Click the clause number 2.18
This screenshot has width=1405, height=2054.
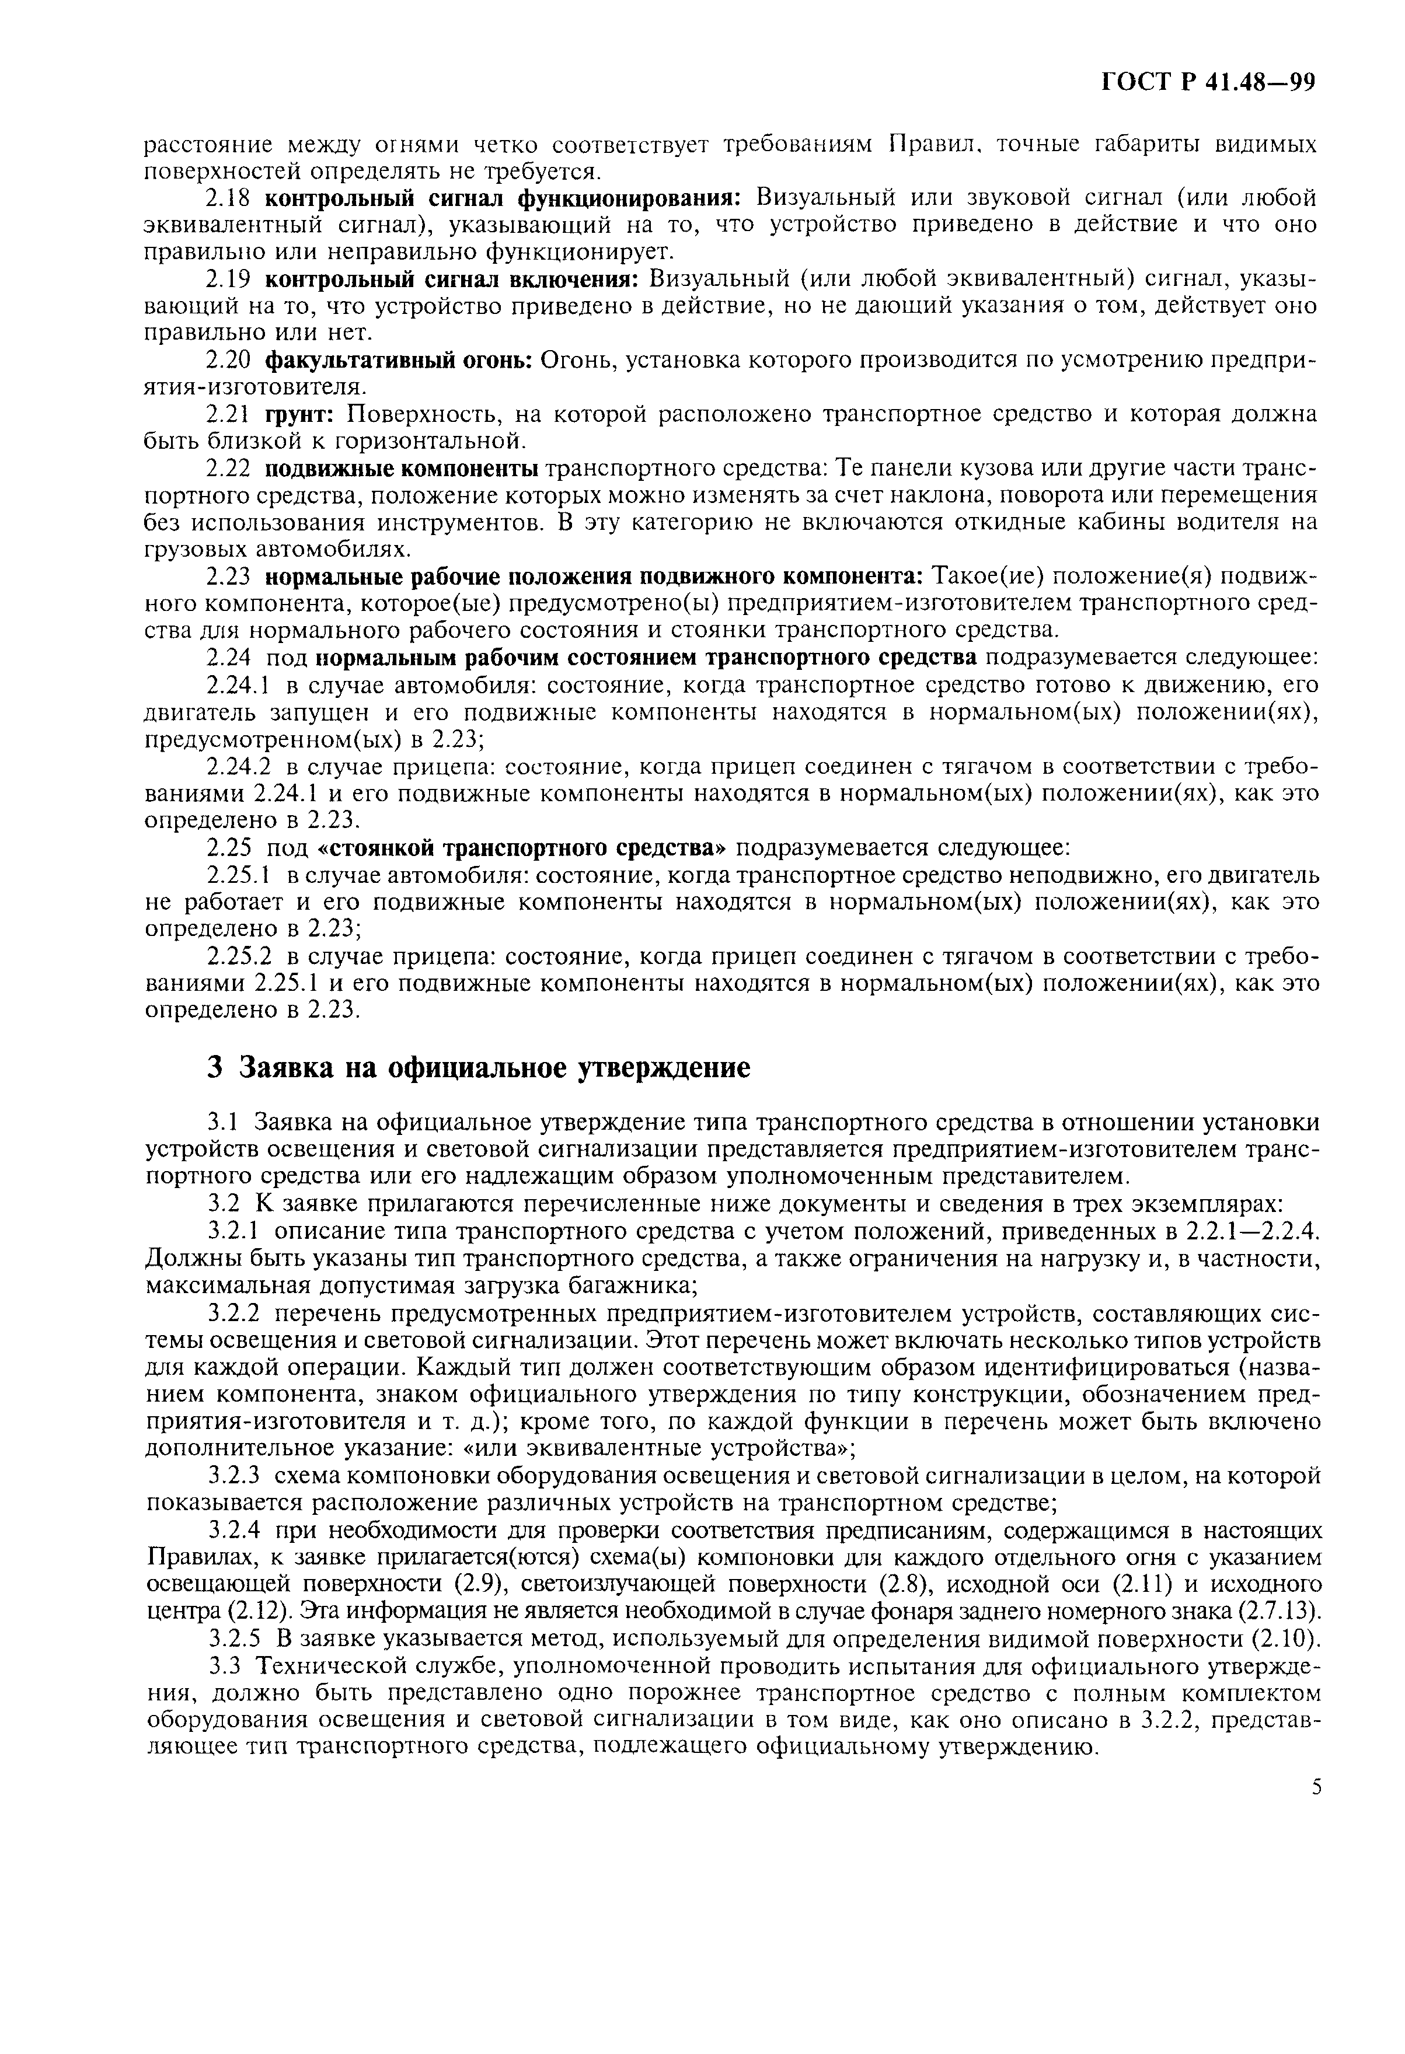(x=228, y=197)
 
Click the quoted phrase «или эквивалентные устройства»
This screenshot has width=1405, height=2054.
(x=671, y=1448)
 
